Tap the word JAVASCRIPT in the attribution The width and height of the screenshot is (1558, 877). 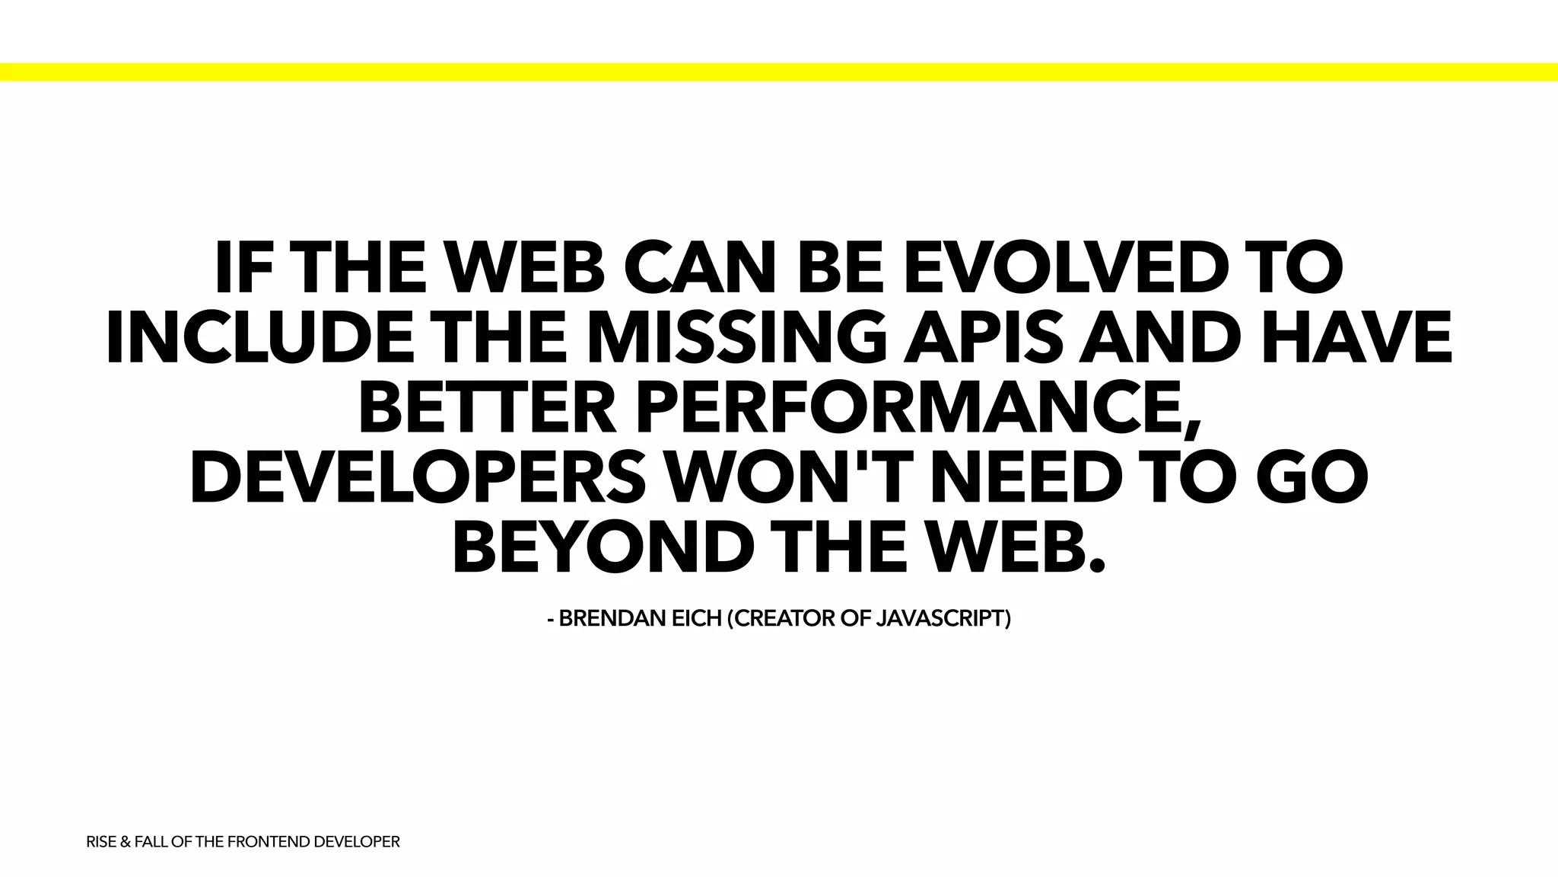(x=943, y=619)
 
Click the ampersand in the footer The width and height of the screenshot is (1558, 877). (x=126, y=842)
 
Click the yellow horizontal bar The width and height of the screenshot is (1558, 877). (x=779, y=72)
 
